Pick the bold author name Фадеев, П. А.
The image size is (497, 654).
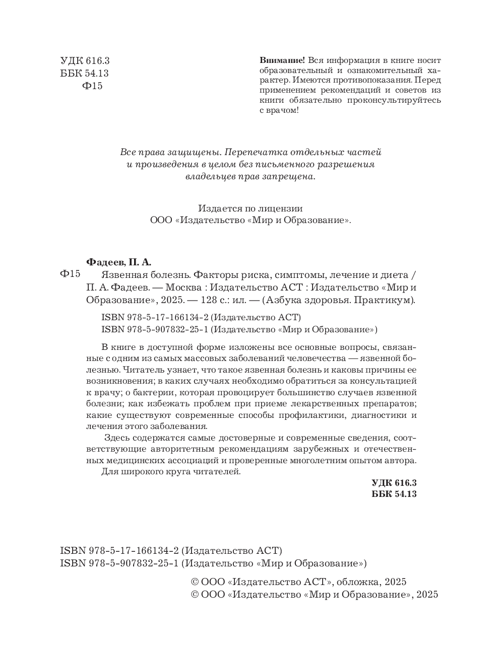click(x=119, y=262)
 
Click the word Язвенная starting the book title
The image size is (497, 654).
click(x=120, y=275)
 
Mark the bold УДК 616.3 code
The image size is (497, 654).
click(x=394, y=482)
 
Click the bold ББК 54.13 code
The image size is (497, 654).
click(x=394, y=494)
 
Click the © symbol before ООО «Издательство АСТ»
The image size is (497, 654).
click(x=195, y=582)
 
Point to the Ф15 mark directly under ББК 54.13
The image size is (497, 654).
click(x=92, y=86)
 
